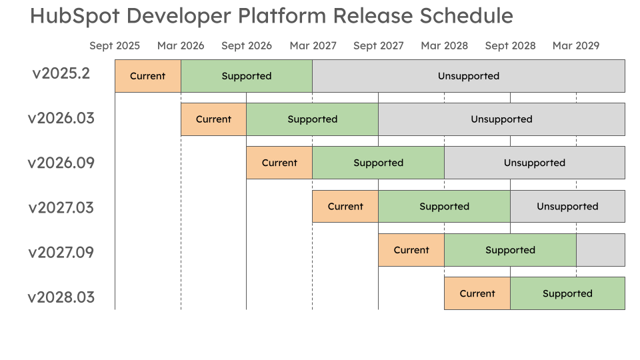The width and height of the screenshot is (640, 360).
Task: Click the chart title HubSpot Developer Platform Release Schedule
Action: click(271, 16)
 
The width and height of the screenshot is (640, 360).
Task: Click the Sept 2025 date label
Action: click(115, 46)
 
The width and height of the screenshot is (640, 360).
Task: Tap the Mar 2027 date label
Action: click(313, 46)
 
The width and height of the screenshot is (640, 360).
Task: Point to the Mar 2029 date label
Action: click(576, 46)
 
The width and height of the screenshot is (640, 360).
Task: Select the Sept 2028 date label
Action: click(510, 46)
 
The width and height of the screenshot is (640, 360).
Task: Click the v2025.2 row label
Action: click(61, 74)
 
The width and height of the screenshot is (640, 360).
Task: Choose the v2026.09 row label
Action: click(61, 163)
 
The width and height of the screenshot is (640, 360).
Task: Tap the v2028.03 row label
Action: click(61, 297)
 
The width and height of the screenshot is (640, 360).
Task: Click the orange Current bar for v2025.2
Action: click(148, 76)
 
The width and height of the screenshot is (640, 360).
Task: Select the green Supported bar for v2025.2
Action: click(247, 76)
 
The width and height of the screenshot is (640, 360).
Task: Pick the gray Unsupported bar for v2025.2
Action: click(469, 76)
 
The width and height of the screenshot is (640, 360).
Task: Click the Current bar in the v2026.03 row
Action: click(213, 119)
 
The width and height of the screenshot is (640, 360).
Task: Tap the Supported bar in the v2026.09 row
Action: click(378, 163)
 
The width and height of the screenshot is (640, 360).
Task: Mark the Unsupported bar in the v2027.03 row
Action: click(567, 207)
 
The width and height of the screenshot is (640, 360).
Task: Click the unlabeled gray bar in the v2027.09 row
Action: click(601, 250)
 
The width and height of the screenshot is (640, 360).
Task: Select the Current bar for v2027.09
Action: click(411, 250)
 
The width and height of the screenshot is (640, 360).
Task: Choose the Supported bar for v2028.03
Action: click(567, 293)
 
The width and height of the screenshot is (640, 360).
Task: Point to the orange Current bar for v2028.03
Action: click(477, 293)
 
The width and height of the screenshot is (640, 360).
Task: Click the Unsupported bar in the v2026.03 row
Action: click(501, 119)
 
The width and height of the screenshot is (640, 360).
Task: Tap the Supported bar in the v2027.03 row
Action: click(444, 207)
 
